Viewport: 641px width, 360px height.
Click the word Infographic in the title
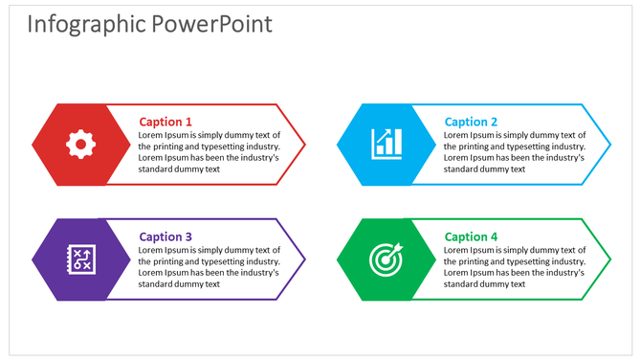tap(86, 25)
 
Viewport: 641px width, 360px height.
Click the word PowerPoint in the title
tap(211, 25)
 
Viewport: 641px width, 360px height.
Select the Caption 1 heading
tap(166, 122)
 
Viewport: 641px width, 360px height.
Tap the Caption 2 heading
tap(471, 122)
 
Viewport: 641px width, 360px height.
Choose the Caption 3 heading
tap(166, 236)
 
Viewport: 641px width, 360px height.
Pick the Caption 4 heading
tap(471, 236)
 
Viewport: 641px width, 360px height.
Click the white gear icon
tap(80, 145)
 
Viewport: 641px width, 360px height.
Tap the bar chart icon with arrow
tap(387, 145)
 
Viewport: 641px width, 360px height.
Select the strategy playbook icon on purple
tap(80, 259)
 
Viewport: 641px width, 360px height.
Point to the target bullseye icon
tap(387, 259)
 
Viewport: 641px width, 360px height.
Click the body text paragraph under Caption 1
tap(209, 152)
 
